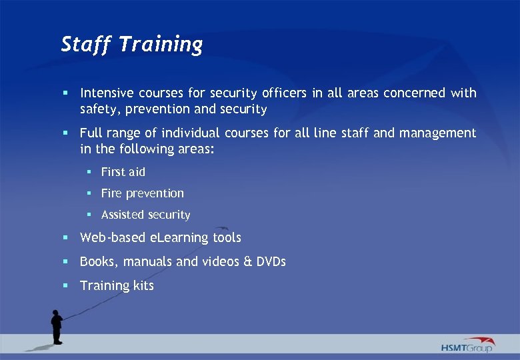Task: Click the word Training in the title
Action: coord(161,45)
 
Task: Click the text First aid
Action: coord(123,172)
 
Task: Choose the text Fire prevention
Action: coord(142,193)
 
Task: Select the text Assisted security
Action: coord(145,215)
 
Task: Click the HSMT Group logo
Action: coord(467,345)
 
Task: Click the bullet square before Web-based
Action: coord(66,237)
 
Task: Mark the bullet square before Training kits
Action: coord(66,285)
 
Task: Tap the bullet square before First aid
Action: coord(89,172)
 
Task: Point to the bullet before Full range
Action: coord(66,133)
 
